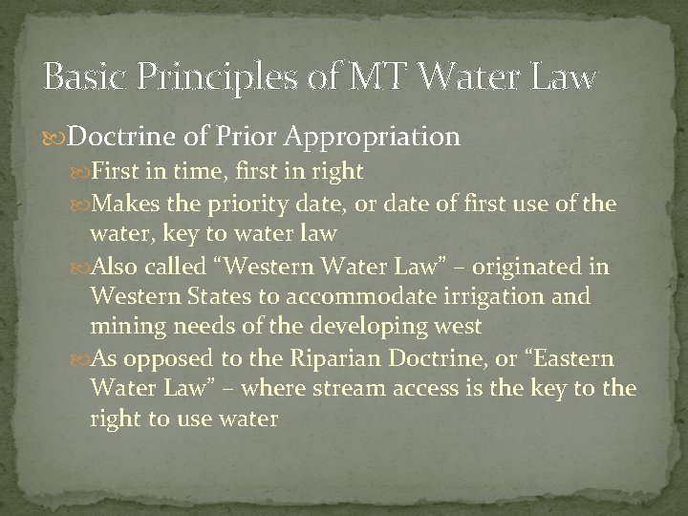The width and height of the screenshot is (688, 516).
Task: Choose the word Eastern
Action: coord(574,358)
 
